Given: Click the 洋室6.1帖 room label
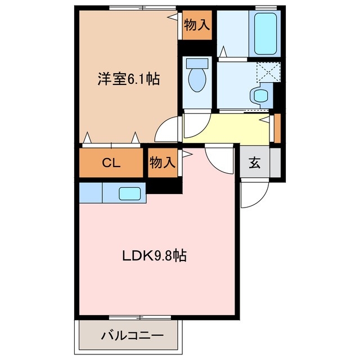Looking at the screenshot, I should click(x=129, y=79).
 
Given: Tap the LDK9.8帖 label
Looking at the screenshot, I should click(x=155, y=256).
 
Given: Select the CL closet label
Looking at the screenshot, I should click(x=111, y=163).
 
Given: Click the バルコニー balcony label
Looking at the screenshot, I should click(x=133, y=336).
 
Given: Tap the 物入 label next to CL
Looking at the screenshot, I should click(x=163, y=163).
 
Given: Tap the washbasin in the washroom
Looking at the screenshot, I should click(x=260, y=94).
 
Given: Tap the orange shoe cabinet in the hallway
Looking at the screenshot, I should click(x=276, y=128).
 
